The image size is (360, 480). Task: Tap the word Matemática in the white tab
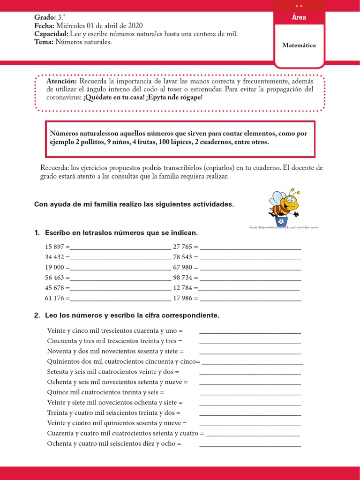(299, 45)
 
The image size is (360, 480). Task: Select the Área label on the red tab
(299, 17)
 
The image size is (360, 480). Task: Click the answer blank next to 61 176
(120, 299)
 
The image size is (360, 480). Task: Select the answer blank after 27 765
(250, 247)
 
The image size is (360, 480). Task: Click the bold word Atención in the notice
(61, 81)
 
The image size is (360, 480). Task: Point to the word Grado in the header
(44, 17)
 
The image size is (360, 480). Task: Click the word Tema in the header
(44, 42)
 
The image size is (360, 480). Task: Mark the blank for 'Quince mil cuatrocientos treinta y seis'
(250, 393)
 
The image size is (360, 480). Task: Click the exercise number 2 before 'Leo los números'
(37, 315)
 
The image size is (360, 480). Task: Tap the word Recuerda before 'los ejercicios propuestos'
(54, 167)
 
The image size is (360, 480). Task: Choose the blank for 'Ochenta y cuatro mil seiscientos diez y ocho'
(250, 444)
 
